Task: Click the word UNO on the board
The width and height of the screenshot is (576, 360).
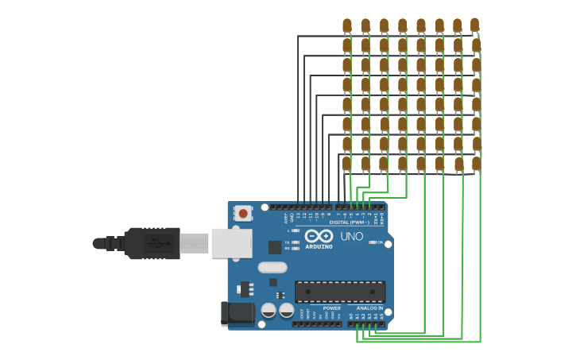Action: (352, 236)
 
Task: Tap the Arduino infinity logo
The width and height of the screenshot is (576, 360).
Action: (319, 236)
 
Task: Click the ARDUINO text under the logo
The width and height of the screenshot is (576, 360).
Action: (319, 246)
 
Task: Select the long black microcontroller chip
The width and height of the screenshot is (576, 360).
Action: (340, 292)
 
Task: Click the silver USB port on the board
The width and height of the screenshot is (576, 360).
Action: (231, 243)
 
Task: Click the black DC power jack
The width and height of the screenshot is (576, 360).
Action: (237, 312)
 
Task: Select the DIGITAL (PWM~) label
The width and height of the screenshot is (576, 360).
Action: (349, 223)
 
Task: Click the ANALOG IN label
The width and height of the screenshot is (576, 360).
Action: (369, 308)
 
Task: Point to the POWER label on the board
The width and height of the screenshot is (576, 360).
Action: (331, 308)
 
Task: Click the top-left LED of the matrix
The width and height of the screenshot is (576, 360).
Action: (346, 25)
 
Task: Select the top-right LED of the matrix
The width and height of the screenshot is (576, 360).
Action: (474, 25)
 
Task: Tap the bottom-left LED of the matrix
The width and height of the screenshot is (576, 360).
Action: (346, 164)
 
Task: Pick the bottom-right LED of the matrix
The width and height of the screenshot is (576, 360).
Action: (476, 164)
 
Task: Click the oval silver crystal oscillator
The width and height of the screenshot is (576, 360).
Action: (272, 268)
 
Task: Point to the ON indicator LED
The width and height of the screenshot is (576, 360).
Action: (371, 242)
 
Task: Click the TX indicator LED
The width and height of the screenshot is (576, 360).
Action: (296, 242)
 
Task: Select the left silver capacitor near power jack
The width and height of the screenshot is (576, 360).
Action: (269, 310)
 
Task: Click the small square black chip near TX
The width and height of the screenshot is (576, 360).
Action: (275, 247)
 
